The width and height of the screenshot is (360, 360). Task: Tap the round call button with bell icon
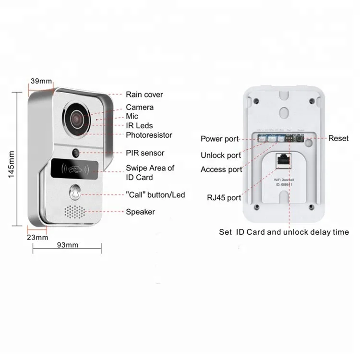(75, 192)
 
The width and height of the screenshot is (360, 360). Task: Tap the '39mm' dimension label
(41, 81)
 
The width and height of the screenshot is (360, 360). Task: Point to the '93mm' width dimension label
(68, 245)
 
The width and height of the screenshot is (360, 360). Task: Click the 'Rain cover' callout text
(144, 95)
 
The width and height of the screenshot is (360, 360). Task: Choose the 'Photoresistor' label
(149, 135)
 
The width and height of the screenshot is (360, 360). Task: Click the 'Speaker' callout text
(140, 212)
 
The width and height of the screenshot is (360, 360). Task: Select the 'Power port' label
(219, 139)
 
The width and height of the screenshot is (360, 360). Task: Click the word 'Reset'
(338, 138)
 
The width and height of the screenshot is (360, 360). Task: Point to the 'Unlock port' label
(221, 156)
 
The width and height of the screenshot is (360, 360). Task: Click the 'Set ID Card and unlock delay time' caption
(284, 232)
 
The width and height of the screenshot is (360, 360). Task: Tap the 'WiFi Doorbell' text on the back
(283, 179)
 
